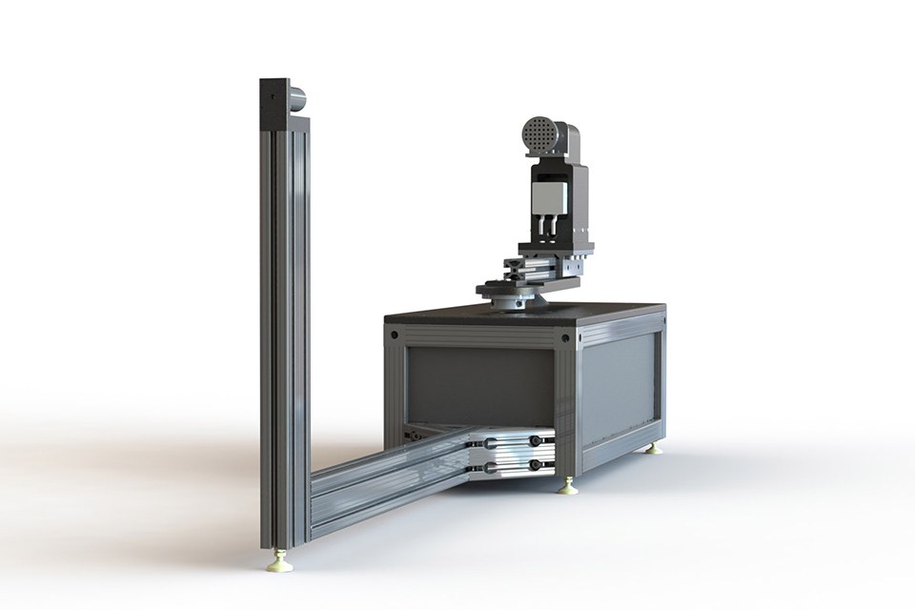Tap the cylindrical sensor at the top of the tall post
[x=296, y=96]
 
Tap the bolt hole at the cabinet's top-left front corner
[x=392, y=335]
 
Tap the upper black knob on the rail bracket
[x=536, y=440]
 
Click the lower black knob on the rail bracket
[x=536, y=465]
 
